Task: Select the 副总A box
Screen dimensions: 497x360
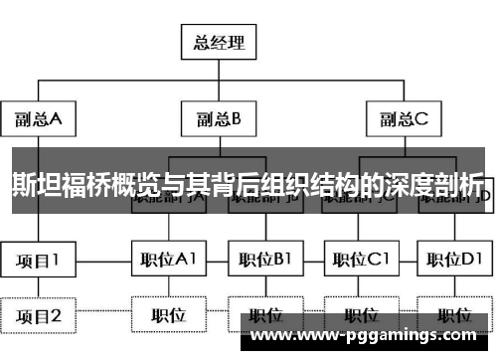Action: point(39,120)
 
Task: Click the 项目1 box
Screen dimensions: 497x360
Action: point(39,262)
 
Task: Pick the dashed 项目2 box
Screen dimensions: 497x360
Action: point(39,316)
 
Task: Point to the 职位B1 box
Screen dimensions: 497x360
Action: point(264,262)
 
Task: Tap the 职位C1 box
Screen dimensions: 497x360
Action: point(359,262)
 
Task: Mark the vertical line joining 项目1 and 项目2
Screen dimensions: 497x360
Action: point(39,288)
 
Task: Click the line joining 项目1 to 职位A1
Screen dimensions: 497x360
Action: point(104,262)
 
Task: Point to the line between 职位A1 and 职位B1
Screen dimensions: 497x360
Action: point(217,262)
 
